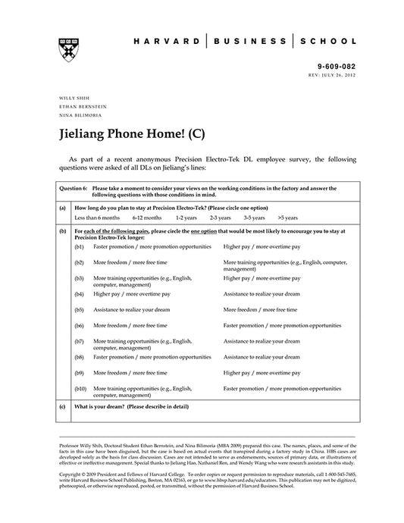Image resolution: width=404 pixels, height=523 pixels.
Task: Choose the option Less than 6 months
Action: tap(96, 217)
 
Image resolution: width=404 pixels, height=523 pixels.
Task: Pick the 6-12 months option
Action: tap(146, 217)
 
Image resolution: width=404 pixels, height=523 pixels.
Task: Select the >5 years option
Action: tap(288, 217)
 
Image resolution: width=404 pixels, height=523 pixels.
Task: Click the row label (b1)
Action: tap(80, 247)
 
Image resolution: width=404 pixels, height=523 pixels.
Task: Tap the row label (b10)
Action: tap(81, 388)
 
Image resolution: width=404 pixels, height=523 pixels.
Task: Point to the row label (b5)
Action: tap(80, 309)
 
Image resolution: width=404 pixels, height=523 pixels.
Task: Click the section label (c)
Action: tap(61, 407)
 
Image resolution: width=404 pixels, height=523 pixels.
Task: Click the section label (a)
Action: tap(61, 206)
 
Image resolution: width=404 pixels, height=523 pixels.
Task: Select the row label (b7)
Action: tap(80, 341)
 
